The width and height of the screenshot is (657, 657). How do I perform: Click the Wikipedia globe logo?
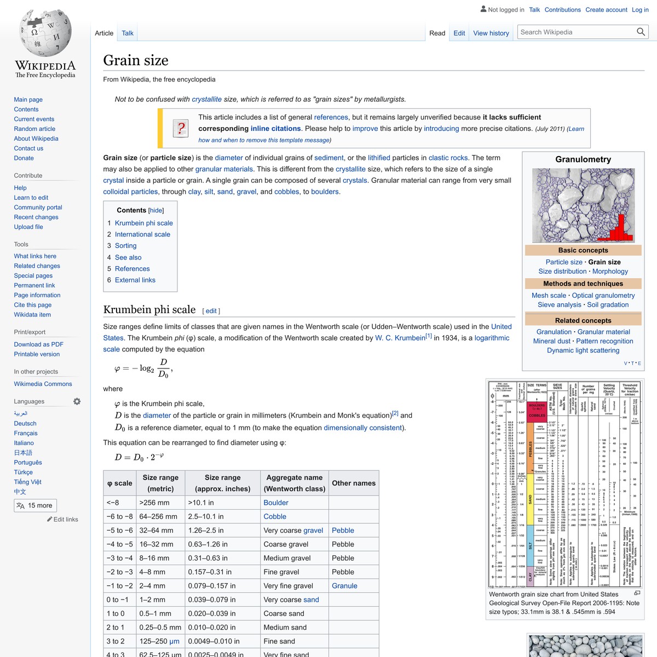coord(45,34)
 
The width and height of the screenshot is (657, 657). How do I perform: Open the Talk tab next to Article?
coord(128,33)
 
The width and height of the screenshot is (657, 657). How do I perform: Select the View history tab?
coord(491,33)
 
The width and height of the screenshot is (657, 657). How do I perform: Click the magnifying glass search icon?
coord(641,32)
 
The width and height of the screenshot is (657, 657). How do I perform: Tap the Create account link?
coord(606,10)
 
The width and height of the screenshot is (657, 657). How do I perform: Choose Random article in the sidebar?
coord(34,129)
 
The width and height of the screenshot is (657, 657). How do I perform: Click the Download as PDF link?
coord(38,344)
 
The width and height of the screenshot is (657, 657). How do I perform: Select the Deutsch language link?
coord(25,423)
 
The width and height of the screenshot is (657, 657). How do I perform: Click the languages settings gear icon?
coord(77,401)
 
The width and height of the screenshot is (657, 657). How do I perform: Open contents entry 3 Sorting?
coord(125,246)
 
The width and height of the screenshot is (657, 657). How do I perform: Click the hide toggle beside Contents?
coord(156,210)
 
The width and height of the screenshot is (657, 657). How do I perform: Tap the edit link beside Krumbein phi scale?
coord(211,311)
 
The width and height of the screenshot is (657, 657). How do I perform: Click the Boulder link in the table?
coord(276,503)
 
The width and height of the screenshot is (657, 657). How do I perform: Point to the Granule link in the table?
coord(344,586)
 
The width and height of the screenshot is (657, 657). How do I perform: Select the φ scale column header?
coord(120,483)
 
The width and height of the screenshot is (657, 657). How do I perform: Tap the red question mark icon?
coord(181,129)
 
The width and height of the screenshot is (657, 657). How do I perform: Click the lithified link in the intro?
coord(379,158)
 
